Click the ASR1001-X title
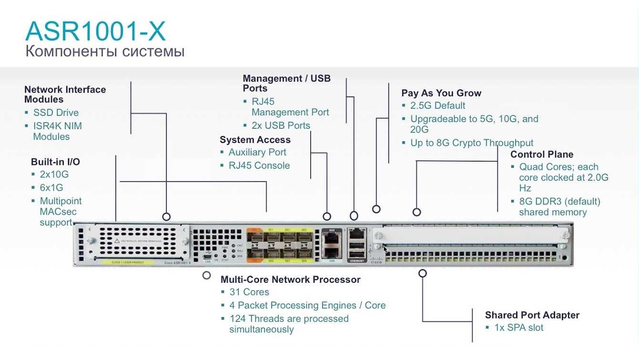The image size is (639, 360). (x=95, y=31)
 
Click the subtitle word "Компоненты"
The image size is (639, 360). (x=65, y=51)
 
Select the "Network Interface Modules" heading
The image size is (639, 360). (x=65, y=94)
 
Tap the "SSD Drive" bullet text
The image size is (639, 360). (x=56, y=113)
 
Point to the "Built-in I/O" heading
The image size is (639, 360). (x=55, y=162)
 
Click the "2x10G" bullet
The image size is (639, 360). (x=54, y=175)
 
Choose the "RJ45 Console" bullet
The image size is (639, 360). (x=259, y=166)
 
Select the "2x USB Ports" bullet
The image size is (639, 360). (x=281, y=126)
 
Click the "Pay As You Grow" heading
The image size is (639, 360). (x=441, y=93)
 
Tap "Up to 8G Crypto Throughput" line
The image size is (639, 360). (x=472, y=143)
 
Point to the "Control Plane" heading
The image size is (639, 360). (x=542, y=154)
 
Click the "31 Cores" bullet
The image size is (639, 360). (x=249, y=292)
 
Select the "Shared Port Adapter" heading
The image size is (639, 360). (x=532, y=315)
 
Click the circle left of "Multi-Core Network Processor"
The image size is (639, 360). (x=206, y=275)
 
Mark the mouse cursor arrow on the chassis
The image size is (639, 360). (x=385, y=250)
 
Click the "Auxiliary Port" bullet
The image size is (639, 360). (x=257, y=153)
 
